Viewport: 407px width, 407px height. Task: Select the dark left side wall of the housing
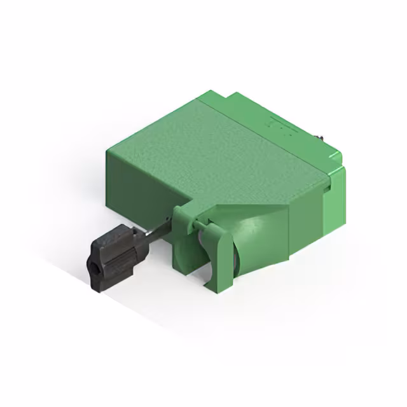pos(137,184)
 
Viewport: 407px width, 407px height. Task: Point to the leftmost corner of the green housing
pos(109,149)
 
